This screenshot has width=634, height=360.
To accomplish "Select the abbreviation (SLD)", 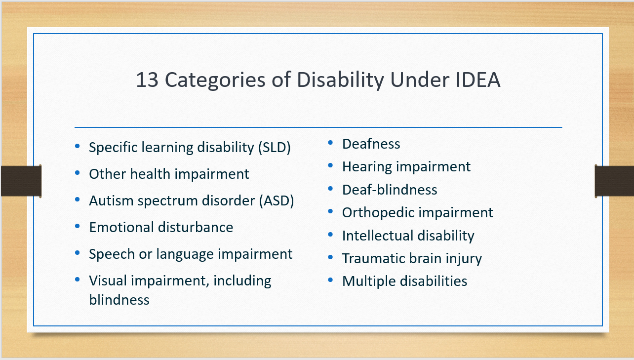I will [275, 147].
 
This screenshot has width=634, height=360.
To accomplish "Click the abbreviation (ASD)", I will [277, 201].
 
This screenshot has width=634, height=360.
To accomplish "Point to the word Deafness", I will [371, 144].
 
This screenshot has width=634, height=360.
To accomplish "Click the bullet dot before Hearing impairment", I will [331, 166].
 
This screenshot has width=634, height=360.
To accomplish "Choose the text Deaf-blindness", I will [390, 190].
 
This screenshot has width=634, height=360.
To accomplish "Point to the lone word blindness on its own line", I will [119, 299].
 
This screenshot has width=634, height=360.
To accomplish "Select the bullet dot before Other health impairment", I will [78, 173].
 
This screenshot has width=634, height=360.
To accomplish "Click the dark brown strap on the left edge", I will [20, 181].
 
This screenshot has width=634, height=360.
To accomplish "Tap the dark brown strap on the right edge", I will [614, 181].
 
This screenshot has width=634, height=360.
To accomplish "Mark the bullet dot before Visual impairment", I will [78, 280].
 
